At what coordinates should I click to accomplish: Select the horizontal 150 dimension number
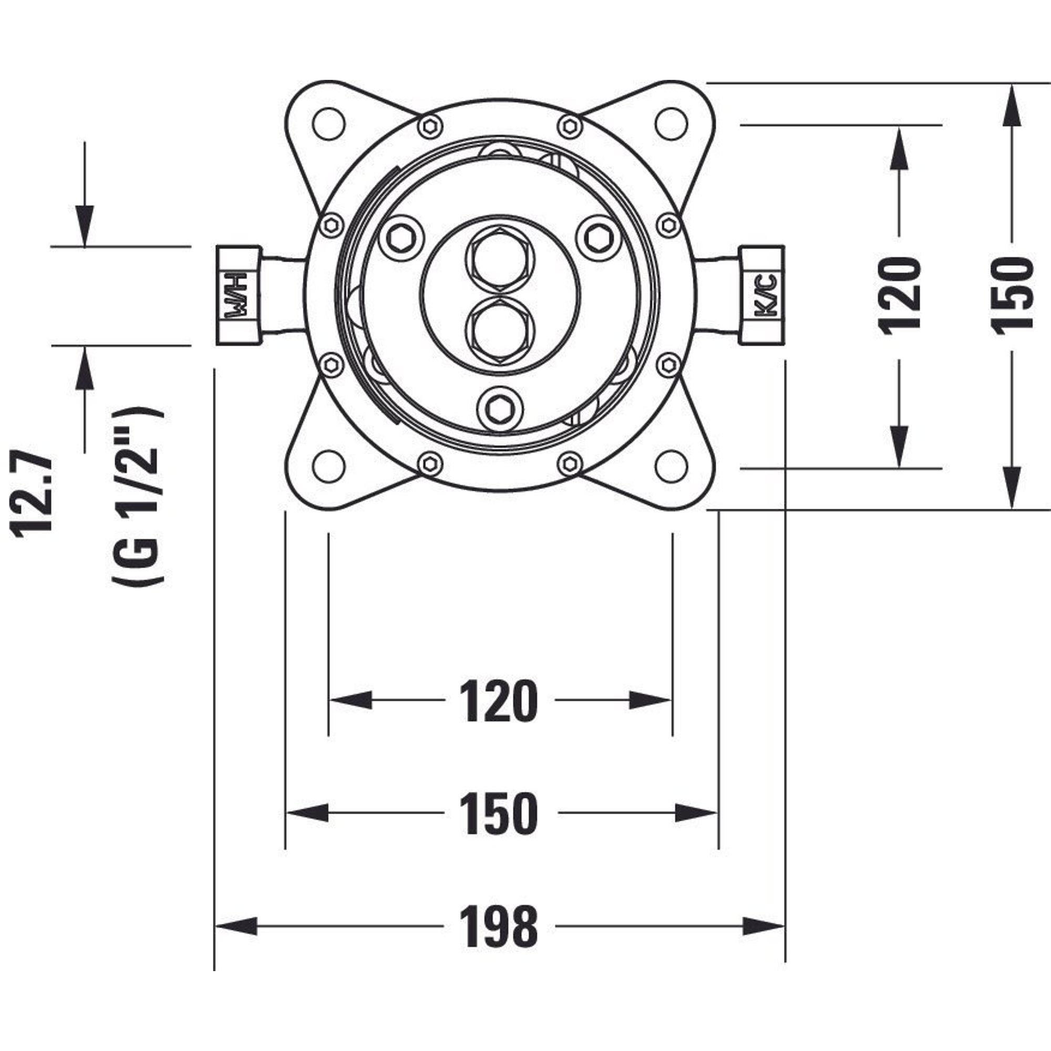click(x=499, y=814)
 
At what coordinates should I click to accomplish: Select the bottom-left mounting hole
click(x=330, y=465)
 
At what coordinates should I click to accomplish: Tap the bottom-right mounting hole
click(x=671, y=465)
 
